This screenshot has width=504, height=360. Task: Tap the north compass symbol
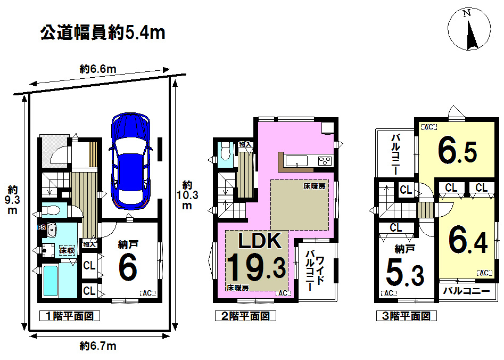469,30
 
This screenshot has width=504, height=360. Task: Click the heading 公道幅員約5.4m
103,33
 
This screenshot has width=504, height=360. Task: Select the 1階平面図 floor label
69,316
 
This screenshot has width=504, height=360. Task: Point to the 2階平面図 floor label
245,316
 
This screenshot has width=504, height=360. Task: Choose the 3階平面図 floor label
406,316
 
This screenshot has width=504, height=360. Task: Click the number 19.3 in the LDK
257,267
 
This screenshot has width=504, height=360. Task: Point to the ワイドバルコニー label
315,273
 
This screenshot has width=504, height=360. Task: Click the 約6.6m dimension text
98,69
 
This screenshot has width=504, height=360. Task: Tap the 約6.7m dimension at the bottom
98,346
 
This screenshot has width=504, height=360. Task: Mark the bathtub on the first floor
51,281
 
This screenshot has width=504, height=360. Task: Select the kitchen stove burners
325,160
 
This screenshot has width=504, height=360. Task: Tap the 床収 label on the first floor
67,250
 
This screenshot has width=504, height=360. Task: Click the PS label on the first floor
42,227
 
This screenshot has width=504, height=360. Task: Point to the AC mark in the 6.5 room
429,127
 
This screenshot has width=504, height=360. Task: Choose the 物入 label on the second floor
245,144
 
